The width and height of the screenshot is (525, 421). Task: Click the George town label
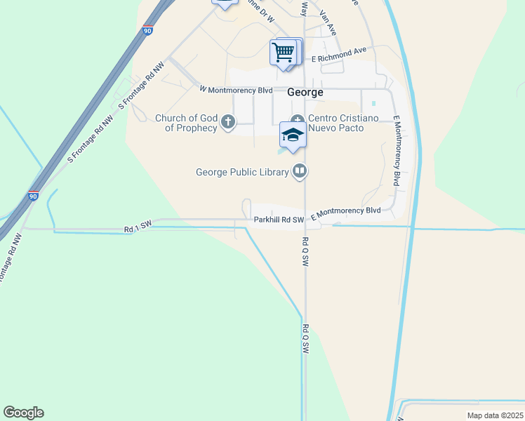(305, 93)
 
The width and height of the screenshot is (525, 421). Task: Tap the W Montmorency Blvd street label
(236, 90)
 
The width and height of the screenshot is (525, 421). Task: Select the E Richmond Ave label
(340, 55)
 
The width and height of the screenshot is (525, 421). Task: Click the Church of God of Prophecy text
(186, 123)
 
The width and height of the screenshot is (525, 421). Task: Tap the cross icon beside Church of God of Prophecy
(227, 123)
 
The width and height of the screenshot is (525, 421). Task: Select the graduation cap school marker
(293, 135)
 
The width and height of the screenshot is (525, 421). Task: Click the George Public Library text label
(242, 171)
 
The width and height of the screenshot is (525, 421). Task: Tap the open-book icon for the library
(300, 171)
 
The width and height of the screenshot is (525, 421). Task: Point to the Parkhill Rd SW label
(279, 220)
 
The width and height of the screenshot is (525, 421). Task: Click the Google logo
(23, 413)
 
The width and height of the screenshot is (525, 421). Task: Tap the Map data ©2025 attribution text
(494, 415)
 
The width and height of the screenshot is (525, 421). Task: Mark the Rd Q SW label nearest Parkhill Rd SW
(305, 250)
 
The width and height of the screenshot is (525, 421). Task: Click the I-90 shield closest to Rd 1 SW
(33, 196)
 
